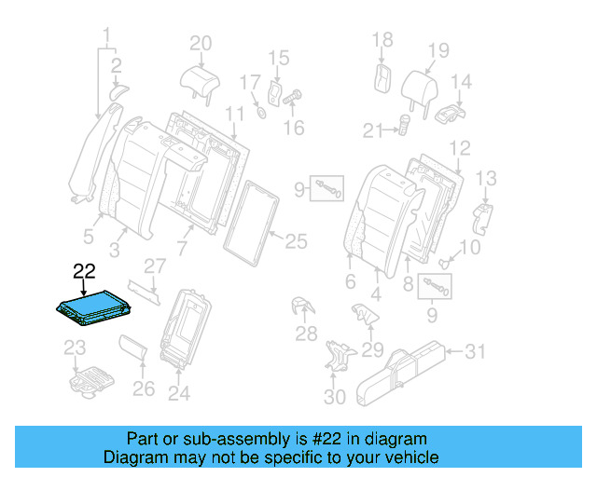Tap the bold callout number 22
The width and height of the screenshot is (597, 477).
(84, 271)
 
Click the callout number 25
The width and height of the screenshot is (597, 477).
(295, 242)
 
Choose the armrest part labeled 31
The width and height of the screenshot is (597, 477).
(401, 368)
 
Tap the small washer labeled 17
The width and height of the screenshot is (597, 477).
(262, 113)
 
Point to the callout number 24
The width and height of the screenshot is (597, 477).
(178, 393)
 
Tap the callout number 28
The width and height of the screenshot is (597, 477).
(306, 334)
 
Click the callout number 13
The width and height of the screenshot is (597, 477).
(486, 178)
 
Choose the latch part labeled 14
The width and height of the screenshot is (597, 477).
(451, 115)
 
